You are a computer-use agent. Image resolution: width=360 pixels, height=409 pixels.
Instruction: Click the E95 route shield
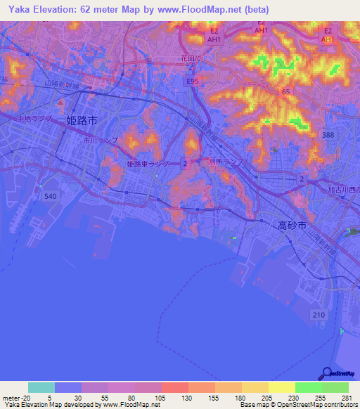point(192,82)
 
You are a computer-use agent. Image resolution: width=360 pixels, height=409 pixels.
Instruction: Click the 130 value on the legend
point(175,397)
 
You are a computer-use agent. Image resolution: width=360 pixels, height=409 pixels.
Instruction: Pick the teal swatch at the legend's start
point(41,387)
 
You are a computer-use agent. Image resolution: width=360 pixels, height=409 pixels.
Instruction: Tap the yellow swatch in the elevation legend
point(281,387)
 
